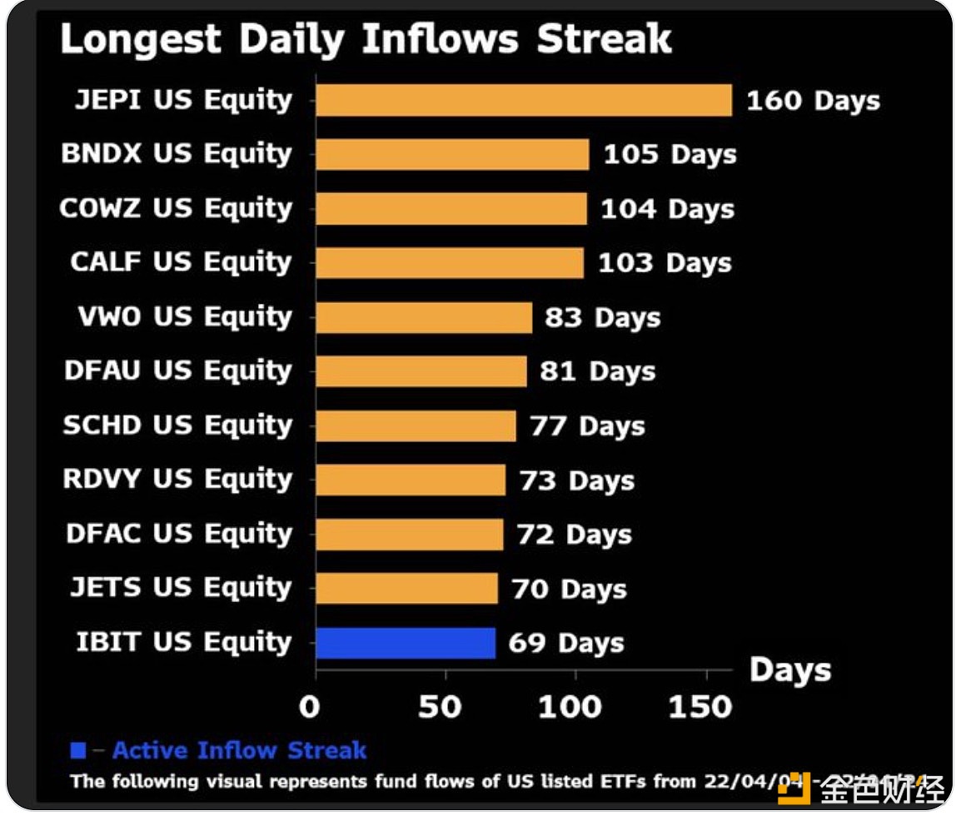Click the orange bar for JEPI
pos(523,101)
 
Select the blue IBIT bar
pos(406,643)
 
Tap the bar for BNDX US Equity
pos(452,155)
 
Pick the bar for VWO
pos(424,317)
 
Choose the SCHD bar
pos(416,426)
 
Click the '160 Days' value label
pos(813,101)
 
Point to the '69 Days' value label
pos(565,643)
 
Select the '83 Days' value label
pos(602,317)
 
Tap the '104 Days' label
pos(668,209)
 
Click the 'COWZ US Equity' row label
pos(176,209)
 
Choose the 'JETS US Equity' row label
pos(181,589)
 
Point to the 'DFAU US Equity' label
pos(177,371)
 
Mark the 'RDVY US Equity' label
pos(177,480)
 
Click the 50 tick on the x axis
pos(440,707)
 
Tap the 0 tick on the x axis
pos(310,707)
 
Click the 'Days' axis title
pos(789,671)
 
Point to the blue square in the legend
pos(78,751)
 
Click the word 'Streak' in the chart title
pos(604,39)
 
